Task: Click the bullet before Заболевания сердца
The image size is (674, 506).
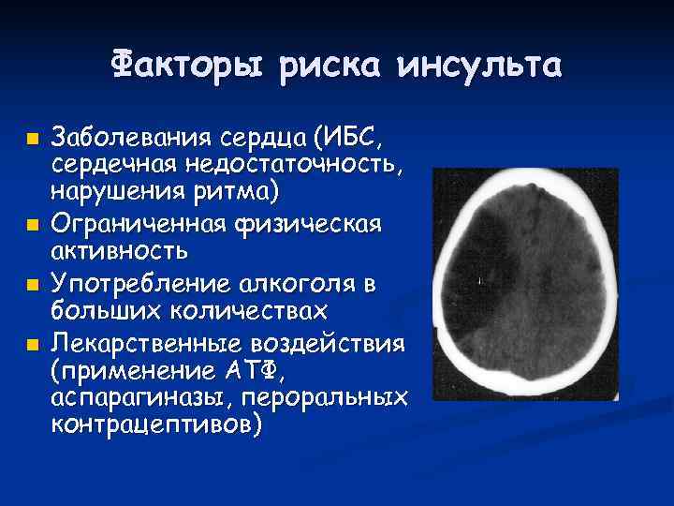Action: point(33,140)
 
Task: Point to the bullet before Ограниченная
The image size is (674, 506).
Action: point(33,224)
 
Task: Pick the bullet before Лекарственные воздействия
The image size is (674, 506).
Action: point(33,344)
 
